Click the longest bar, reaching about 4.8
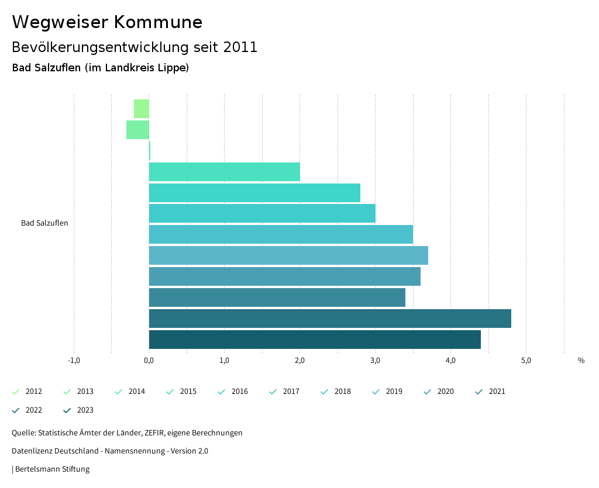(x=330, y=319)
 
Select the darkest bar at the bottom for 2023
(x=315, y=340)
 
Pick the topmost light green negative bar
(x=142, y=109)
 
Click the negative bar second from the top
(x=138, y=130)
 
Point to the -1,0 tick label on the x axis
(x=74, y=360)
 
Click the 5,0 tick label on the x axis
(x=526, y=360)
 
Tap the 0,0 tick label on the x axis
(x=149, y=360)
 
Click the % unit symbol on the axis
(x=581, y=361)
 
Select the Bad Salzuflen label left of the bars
(x=44, y=223)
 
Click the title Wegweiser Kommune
(x=107, y=22)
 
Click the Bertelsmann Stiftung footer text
(x=52, y=469)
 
